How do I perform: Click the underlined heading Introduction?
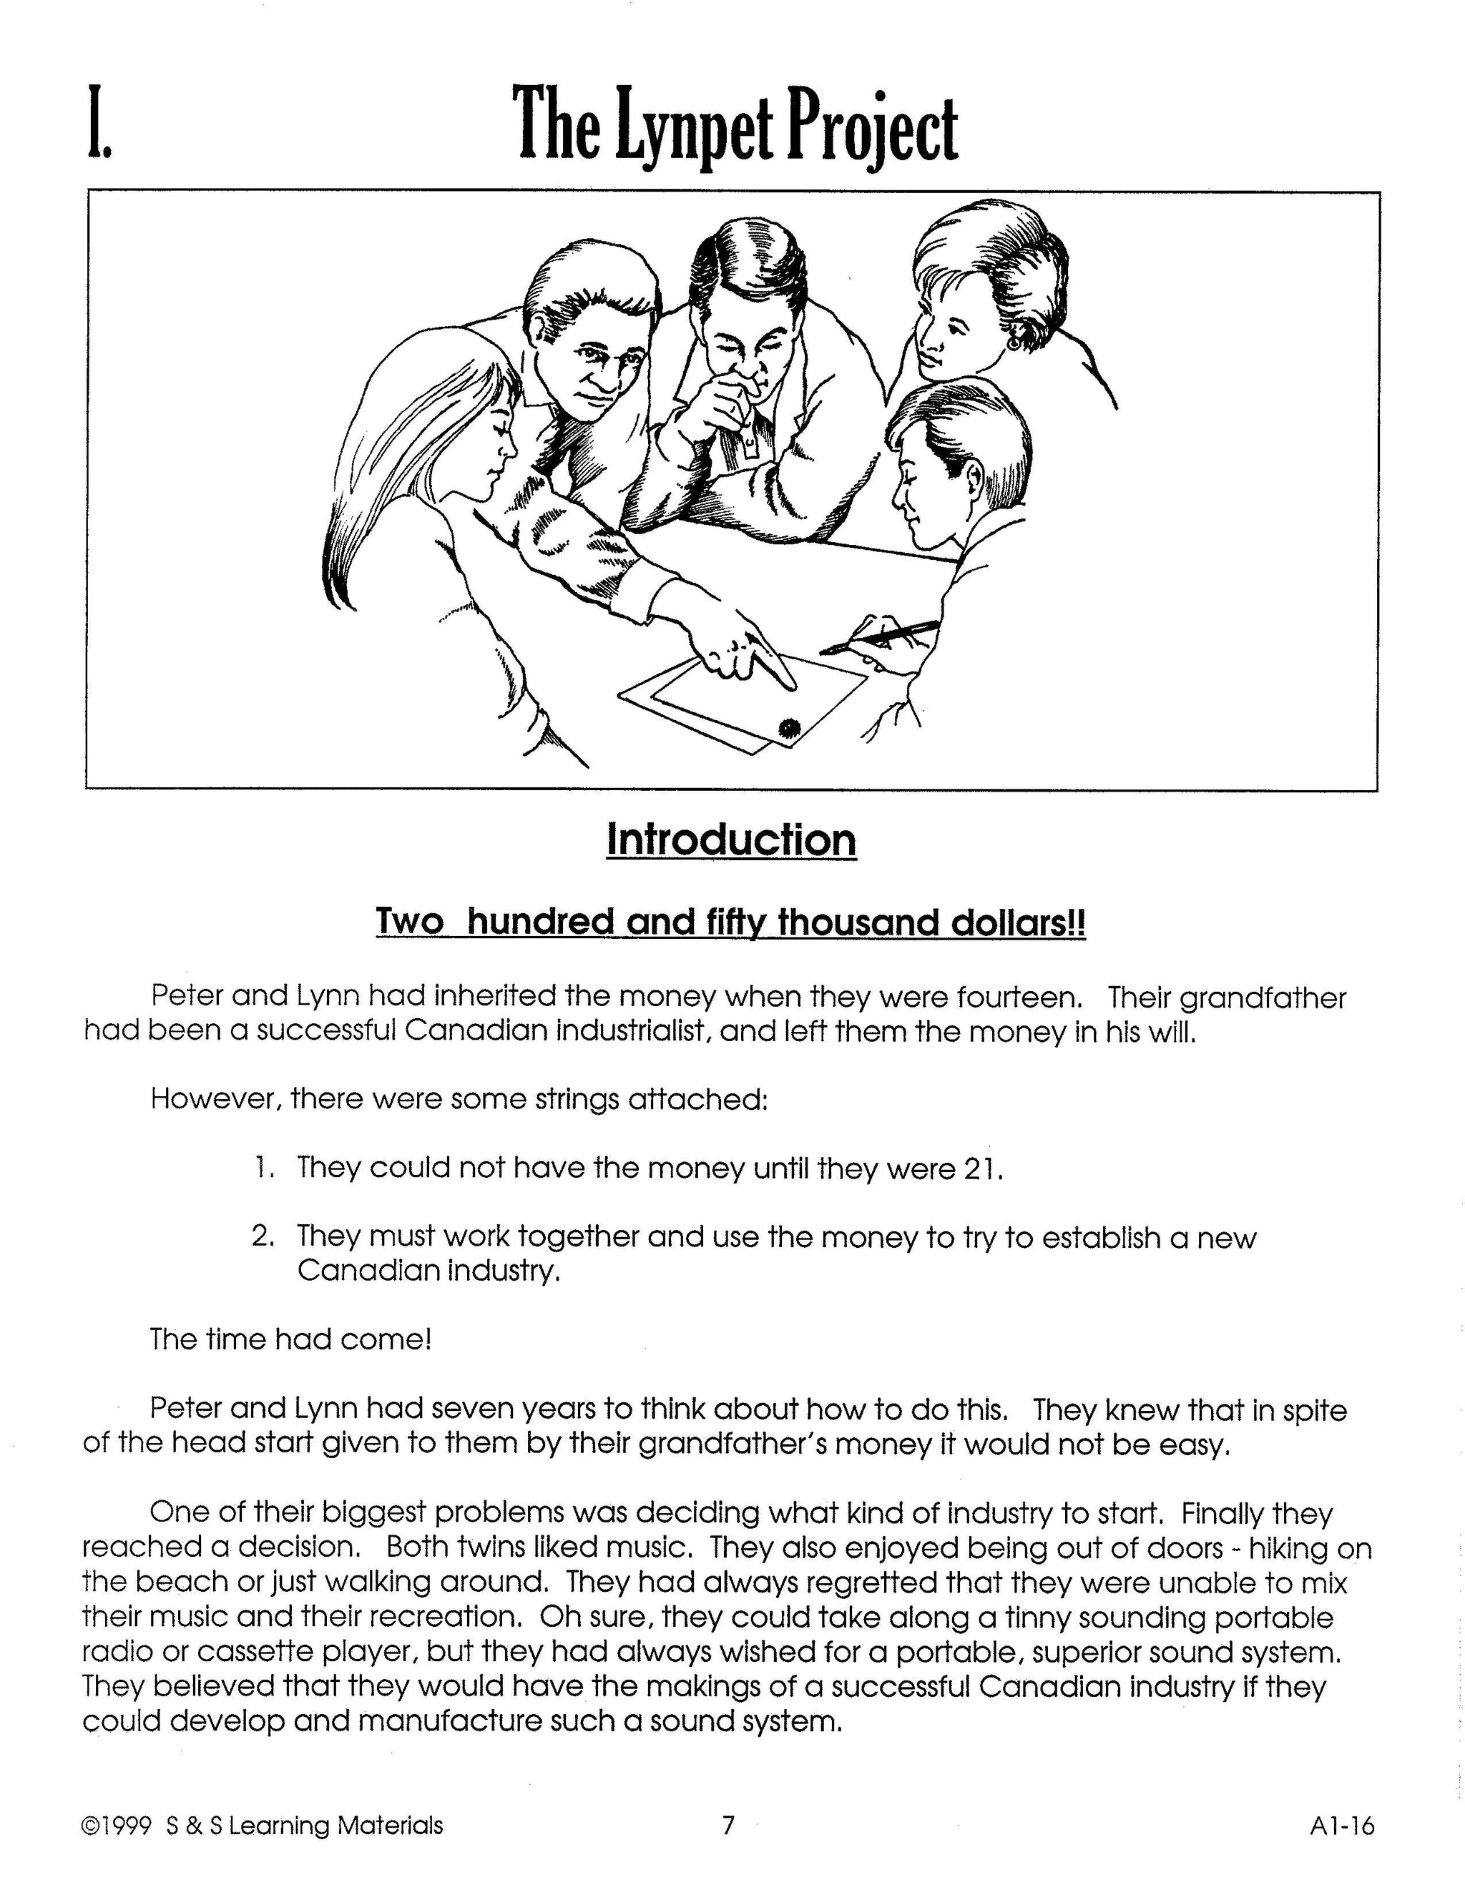coord(731,840)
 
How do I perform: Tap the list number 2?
coord(262,1236)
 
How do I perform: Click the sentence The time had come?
coord(290,1339)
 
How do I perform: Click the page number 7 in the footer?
coord(728,1826)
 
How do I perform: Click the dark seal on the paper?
coord(789,727)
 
